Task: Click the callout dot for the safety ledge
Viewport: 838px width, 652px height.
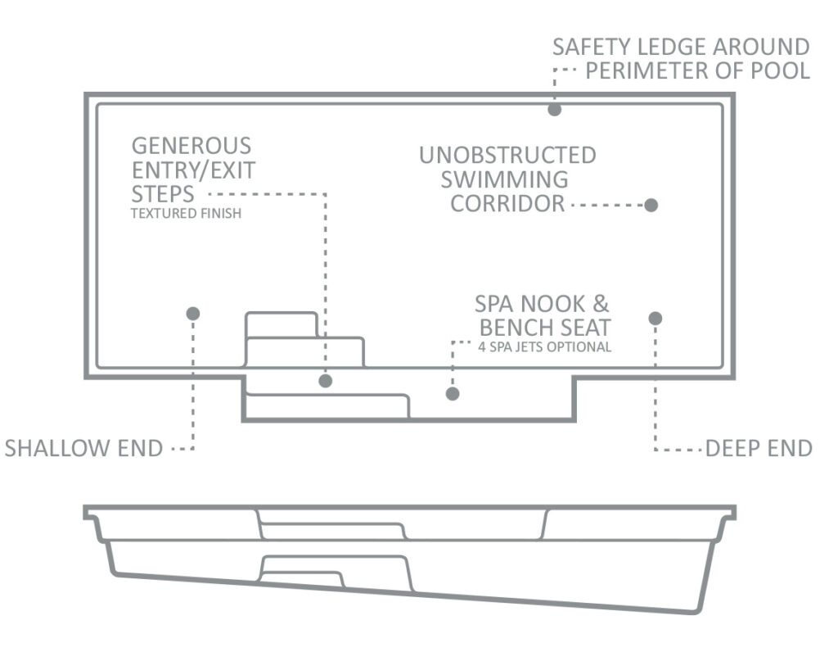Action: coord(554,110)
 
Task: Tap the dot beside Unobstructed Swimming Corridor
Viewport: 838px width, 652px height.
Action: coord(651,205)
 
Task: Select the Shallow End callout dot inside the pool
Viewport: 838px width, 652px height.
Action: coord(193,314)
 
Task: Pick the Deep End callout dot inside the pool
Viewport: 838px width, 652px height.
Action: coord(656,319)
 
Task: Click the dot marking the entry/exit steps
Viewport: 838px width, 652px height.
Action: coord(326,381)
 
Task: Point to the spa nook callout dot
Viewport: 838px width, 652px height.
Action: coord(453,394)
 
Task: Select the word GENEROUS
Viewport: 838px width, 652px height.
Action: coord(191,146)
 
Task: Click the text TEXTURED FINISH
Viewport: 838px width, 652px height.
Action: coord(186,214)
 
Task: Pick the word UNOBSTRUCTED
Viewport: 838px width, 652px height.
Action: coord(507,155)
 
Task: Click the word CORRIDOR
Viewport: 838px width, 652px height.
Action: coord(507,204)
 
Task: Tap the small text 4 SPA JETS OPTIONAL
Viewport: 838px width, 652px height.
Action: coord(544,347)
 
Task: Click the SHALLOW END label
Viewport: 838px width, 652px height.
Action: coord(84,448)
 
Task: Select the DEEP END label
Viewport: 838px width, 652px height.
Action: coord(759,448)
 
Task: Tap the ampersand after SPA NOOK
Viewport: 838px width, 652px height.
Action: coord(601,304)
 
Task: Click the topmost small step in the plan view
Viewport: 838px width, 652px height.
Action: coord(282,324)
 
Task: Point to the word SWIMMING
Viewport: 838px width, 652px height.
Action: coord(504,179)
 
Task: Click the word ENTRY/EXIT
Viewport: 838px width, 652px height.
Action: coord(193,170)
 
